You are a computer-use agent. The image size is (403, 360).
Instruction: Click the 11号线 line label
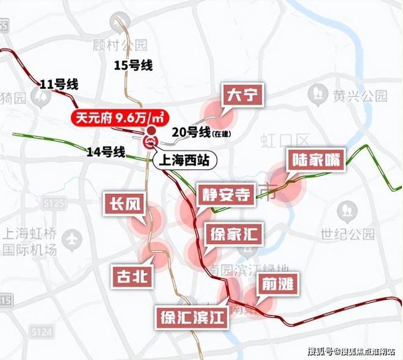coord(55,84)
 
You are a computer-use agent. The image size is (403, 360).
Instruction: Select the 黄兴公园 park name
coord(360,95)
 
